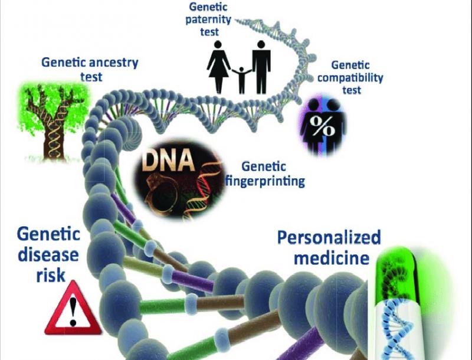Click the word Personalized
point(329,238)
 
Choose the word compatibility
point(348,77)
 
